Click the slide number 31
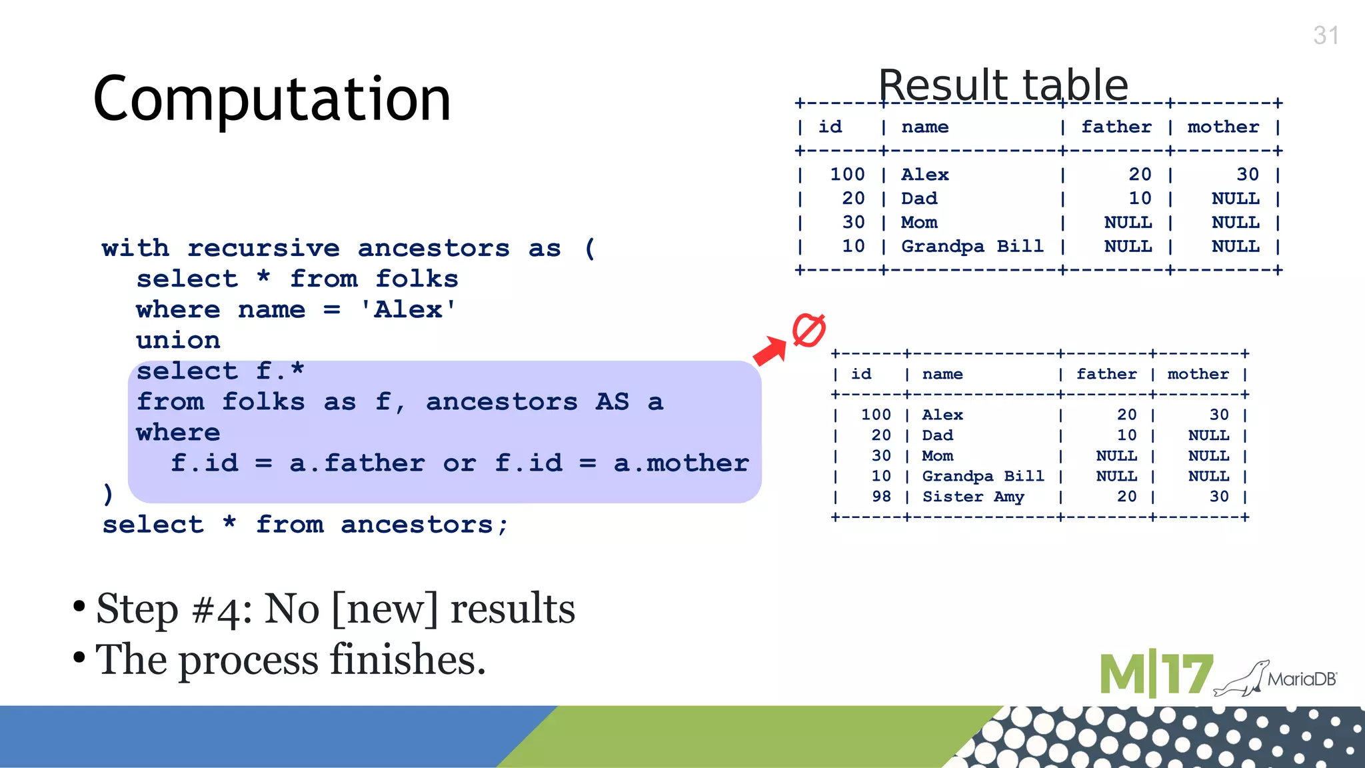tap(1326, 35)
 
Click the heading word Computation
tap(272, 99)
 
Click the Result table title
tap(1002, 85)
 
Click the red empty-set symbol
tap(808, 330)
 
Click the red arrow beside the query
tap(770, 351)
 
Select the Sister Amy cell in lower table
tap(972, 497)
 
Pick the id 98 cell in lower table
tap(881, 497)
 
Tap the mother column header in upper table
tap(1223, 127)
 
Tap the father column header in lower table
tap(1106, 374)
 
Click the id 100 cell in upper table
tap(846, 175)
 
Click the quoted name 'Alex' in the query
tap(408, 309)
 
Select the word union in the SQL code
tap(178, 340)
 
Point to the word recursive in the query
tap(263, 248)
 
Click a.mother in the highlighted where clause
tap(681, 463)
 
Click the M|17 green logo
tap(1156, 675)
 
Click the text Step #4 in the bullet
tap(174, 609)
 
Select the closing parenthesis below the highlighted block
tap(108, 494)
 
